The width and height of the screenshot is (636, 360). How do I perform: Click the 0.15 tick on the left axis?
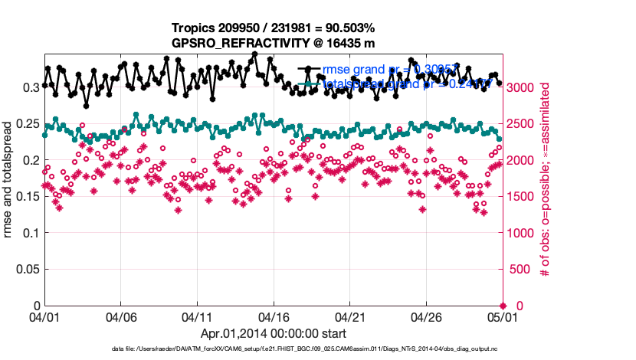point(29,197)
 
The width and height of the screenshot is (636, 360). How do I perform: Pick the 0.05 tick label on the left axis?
point(29,270)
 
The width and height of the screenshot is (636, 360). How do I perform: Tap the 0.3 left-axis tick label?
point(33,87)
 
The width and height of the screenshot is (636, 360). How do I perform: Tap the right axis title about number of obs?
point(546,176)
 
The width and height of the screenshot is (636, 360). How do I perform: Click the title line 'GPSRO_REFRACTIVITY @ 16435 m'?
point(274,43)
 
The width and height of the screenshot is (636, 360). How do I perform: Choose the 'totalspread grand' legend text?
point(360,84)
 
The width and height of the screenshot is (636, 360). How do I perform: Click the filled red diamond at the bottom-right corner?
point(503,306)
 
